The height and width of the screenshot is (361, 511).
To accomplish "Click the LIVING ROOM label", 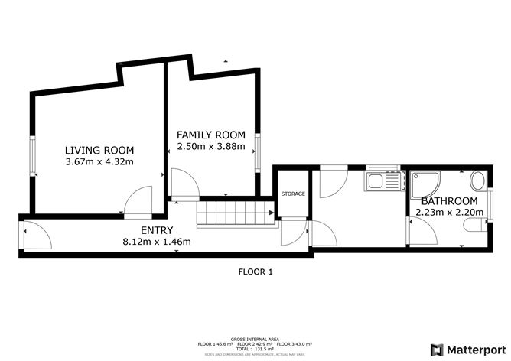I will (x=99, y=150).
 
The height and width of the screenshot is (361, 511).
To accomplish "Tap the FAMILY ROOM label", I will (x=211, y=135).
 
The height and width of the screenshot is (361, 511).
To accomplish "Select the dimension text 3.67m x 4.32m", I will (x=99, y=161).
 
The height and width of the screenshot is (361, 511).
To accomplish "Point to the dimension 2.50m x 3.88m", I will (x=211, y=147).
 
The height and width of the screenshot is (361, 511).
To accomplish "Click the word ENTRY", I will (x=157, y=230).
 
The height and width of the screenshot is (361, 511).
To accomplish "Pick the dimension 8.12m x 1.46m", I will (x=157, y=242).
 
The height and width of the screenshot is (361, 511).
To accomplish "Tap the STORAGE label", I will (x=293, y=194).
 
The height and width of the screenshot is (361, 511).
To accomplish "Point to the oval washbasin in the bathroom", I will (x=478, y=181).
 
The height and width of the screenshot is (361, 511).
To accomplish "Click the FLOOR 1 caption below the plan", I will (x=256, y=272).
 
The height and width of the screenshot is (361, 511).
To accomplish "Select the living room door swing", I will (x=138, y=200).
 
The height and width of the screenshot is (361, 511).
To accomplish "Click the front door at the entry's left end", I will (x=36, y=236).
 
